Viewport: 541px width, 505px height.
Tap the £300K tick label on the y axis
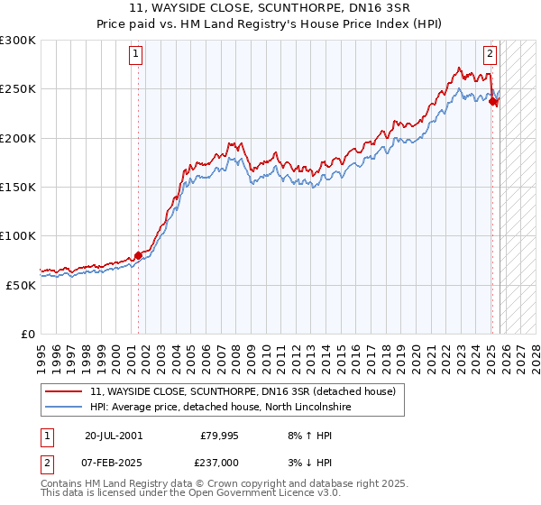[18, 41]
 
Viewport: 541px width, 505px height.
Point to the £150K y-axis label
[18, 187]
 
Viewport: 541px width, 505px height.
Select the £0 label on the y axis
[27, 334]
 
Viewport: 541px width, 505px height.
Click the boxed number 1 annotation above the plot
[136, 54]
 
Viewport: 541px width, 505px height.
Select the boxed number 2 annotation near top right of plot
[491, 54]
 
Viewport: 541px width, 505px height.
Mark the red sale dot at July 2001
[138, 255]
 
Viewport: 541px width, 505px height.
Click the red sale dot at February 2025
[492, 102]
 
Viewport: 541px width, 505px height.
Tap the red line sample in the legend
[63, 392]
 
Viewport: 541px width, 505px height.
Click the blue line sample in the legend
[63, 408]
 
